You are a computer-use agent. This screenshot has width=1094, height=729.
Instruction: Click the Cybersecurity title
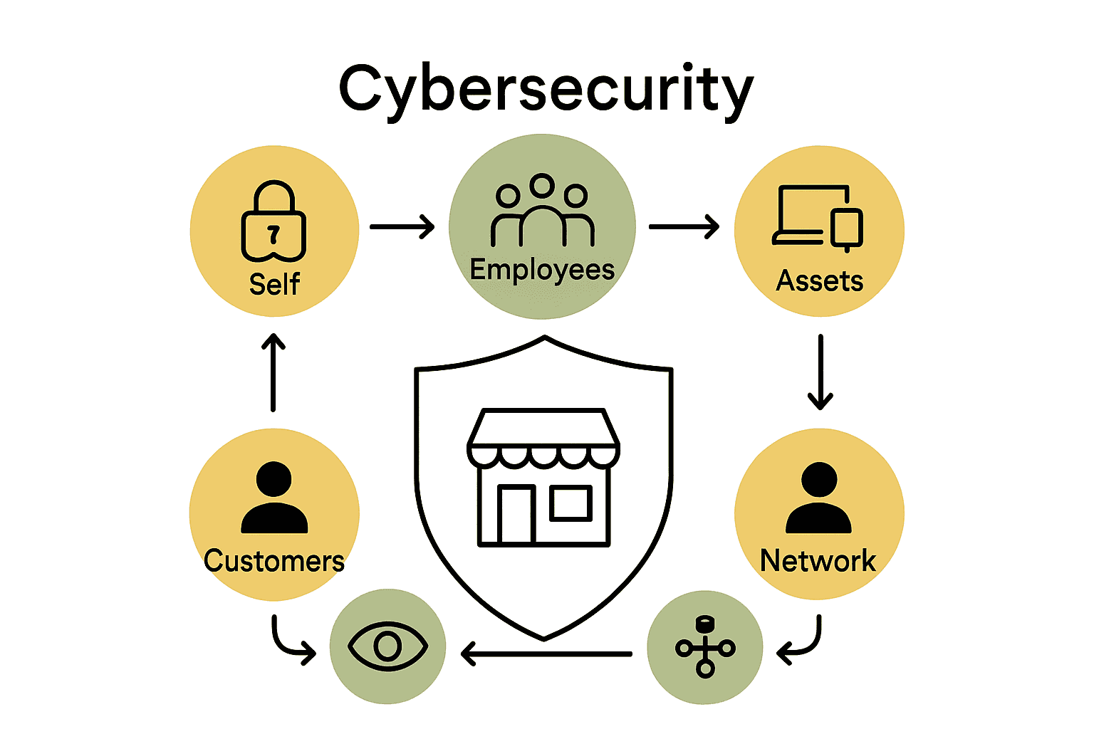[x=546, y=89]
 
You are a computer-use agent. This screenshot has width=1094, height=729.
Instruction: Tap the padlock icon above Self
[x=274, y=221]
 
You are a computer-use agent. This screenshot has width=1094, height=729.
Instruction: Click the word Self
[x=274, y=284]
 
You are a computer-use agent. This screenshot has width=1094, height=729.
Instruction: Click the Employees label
[x=542, y=270]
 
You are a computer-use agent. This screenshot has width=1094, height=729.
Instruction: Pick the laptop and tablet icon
[x=818, y=217]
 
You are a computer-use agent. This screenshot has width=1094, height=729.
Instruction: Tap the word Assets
[x=819, y=281]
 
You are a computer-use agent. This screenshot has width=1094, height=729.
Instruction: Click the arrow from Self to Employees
[x=402, y=227]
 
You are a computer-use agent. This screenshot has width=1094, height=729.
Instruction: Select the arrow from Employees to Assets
[x=684, y=227]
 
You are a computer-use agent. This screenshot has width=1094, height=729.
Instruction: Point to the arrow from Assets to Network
[x=820, y=372]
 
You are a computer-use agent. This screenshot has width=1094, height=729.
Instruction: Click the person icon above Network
[x=819, y=498]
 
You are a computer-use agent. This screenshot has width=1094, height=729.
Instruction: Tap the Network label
[x=818, y=561]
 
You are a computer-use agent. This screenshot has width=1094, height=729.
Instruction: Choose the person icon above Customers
[x=274, y=498]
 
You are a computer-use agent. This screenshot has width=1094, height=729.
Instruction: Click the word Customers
[x=274, y=561]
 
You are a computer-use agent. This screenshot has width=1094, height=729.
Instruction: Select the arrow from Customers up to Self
[x=273, y=372]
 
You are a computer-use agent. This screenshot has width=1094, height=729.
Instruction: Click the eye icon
[x=387, y=646]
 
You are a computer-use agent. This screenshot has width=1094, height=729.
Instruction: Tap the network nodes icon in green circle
[x=705, y=646]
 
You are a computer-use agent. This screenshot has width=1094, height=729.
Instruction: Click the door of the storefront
[x=516, y=514]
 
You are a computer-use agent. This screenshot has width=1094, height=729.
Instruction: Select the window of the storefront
[x=571, y=503]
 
